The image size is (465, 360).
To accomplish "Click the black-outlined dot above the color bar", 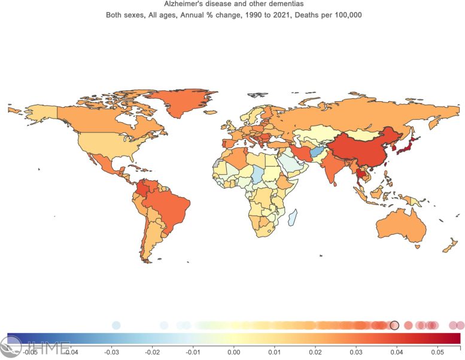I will [394, 325].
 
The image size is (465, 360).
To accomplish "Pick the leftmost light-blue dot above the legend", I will [116, 325].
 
